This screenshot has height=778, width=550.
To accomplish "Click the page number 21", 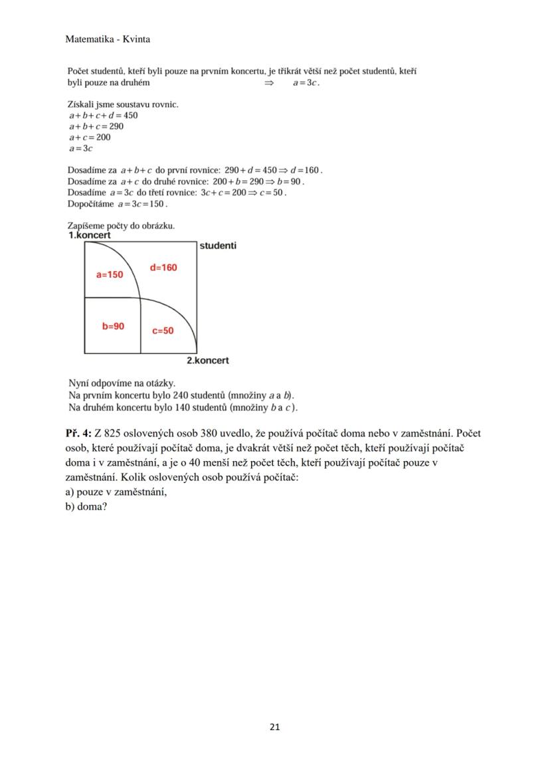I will point(275,726).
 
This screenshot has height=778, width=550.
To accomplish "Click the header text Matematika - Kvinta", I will point(108,39).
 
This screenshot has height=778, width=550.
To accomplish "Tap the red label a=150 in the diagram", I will point(110,274).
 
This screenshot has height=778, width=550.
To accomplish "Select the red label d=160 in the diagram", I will point(163,267).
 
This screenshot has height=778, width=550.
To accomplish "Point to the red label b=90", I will point(113,326).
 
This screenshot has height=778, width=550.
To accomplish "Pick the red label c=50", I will point(163,330).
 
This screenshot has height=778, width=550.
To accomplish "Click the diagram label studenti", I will point(218,246).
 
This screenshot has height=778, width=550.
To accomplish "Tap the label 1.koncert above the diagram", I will point(89,235).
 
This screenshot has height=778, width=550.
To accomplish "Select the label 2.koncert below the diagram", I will point(207,360).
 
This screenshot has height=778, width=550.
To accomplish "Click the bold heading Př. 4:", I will point(78,433).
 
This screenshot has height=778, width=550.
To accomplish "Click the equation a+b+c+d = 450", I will point(103,115).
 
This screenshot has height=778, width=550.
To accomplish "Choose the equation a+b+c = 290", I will point(96,126).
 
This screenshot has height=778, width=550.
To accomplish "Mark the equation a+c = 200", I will point(90,138).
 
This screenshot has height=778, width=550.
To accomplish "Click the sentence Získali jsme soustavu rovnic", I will point(123,104).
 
